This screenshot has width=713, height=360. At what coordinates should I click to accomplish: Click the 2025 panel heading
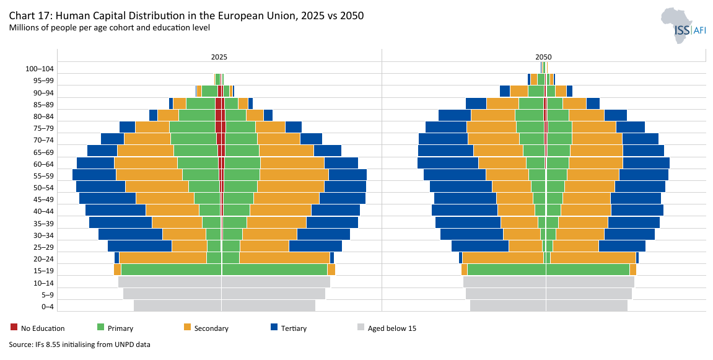point(219,56)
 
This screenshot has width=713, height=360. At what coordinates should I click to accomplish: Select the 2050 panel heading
point(543,56)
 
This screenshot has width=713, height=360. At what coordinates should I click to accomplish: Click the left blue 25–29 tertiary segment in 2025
point(139,246)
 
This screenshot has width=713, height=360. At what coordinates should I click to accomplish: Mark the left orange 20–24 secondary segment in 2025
point(162,258)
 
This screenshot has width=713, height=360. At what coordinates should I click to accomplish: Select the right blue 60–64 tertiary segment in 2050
point(645,163)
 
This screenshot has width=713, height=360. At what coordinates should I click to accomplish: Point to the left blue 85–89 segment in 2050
point(476,103)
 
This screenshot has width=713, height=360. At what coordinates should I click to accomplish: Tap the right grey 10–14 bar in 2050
point(590,282)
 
